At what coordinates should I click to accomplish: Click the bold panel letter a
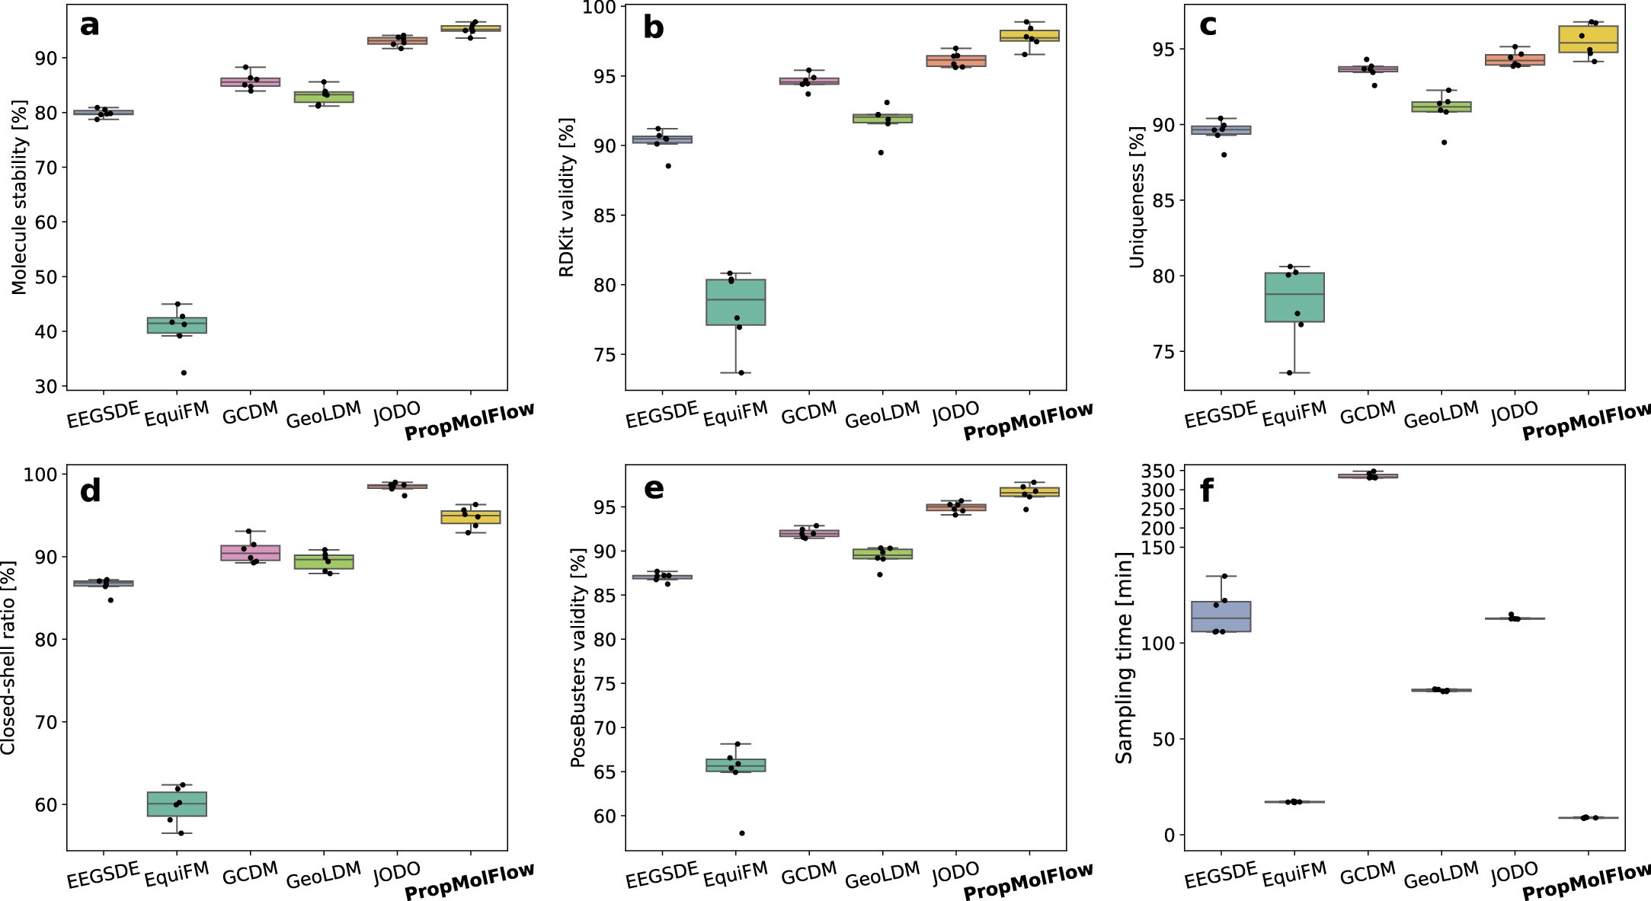[89, 26]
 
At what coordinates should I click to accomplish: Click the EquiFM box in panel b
[735, 302]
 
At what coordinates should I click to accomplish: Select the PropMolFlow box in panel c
[1588, 39]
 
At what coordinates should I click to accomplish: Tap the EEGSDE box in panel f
[1221, 616]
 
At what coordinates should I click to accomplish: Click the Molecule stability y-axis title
[20, 196]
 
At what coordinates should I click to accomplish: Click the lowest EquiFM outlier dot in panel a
[184, 372]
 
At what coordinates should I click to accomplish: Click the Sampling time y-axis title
[1124, 657]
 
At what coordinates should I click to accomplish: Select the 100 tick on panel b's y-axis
[603, 7]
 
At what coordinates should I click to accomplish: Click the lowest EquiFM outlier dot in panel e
[741, 833]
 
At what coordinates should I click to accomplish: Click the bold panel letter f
[1206, 491]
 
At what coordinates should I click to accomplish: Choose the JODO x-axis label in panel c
[1513, 412]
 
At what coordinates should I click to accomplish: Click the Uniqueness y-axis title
[1137, 197]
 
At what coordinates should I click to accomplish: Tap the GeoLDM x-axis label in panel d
[323, 876]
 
